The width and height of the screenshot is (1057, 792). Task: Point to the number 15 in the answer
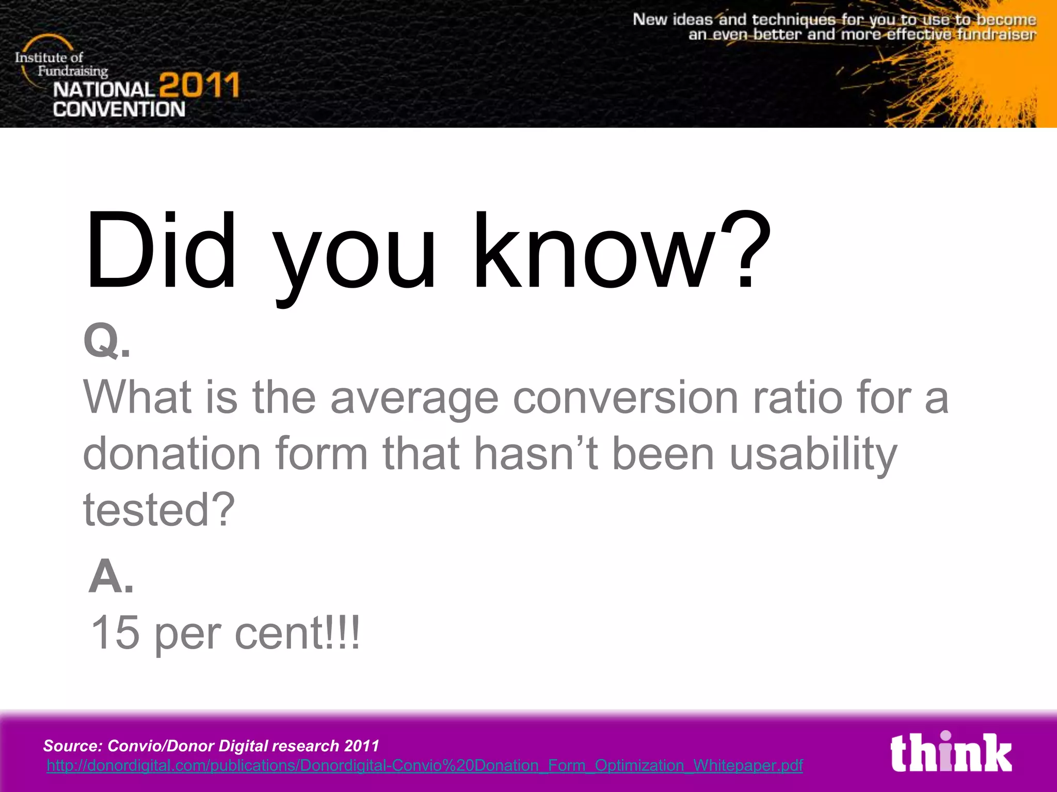115,633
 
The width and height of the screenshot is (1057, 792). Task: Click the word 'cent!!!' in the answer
297,633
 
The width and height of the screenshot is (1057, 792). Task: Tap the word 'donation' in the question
172,453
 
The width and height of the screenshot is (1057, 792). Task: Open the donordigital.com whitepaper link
424,765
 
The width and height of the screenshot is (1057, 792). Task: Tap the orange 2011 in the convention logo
199,86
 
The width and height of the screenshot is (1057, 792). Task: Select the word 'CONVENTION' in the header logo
119,109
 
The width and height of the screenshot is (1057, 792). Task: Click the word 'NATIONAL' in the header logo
104,90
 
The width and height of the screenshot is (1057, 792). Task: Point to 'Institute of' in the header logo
49,57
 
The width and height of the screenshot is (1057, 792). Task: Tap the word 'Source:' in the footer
73,746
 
